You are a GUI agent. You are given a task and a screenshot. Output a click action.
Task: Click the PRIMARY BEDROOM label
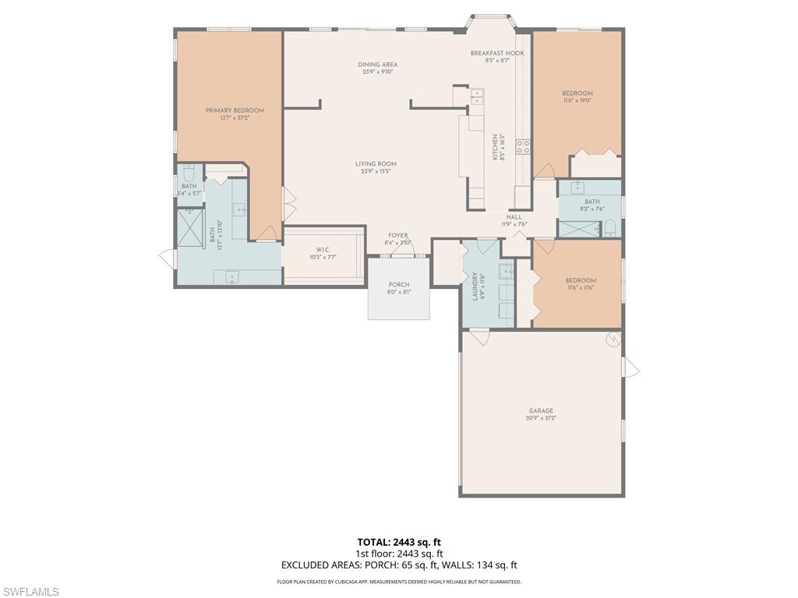pyautogui.click(x=235, y=111)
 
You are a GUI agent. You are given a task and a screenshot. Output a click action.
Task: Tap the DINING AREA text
pyautogui.click(x=378, y=65)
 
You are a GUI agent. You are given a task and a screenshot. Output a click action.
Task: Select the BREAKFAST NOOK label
pyautogui.click(x=496, y=53)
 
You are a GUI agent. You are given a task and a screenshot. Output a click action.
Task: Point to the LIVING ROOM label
pyautogui.click(x=376, y=164)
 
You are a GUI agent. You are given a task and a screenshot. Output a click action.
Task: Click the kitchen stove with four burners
pyautogui.click(x=522, y=146)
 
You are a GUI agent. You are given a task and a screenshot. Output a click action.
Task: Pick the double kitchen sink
pyautogui.click(x=477, y=96)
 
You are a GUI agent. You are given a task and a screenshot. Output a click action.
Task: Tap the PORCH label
pyautogui.click(x=398, y=284)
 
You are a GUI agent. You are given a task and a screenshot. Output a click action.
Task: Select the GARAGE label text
pyautogui.click(x=541, y=410)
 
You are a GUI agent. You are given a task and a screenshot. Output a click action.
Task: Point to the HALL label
pyautogui.click(x=514, y=217)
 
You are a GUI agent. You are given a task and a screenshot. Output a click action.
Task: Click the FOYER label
pyautogui.click(x=398, y=235)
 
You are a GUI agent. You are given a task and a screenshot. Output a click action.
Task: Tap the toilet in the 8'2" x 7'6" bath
pyautogui.click(x=610, y=228)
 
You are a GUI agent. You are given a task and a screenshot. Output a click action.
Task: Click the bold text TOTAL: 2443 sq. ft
pyautogui.click(x=399, y=542)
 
